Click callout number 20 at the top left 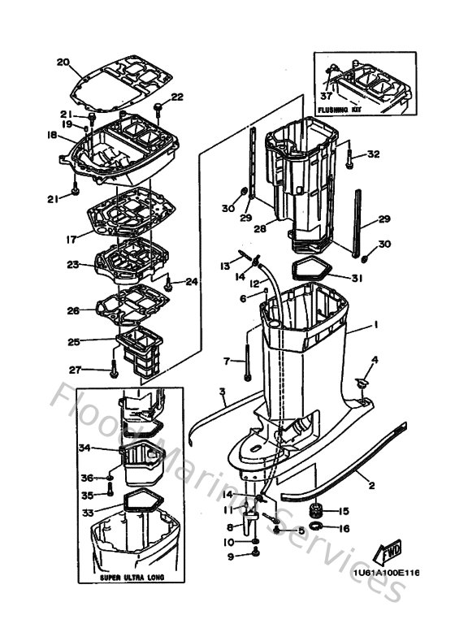pyautogui.click(x=63, y=62)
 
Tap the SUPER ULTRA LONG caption pyautogui.click(x=132, y=577)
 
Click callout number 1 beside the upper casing pyautogui.click(x=376, y=325)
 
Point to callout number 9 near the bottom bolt pyautogui.click(x=229, y=556)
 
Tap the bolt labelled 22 pyautogui.click(x=159, y=106)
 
